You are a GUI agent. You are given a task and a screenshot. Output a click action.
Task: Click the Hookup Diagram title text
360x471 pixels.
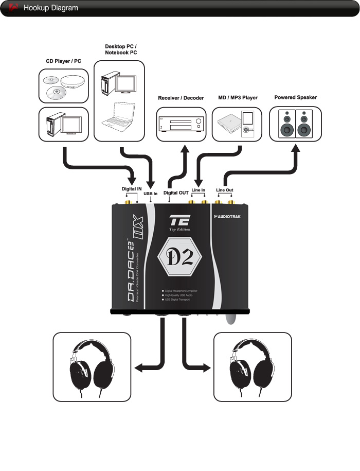pos(51,8)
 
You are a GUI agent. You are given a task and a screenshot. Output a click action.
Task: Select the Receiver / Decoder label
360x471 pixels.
pos(181,98)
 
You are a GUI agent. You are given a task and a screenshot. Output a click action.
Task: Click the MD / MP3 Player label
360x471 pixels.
pos(237,98)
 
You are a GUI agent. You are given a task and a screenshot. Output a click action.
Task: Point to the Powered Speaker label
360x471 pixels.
pos(295,97)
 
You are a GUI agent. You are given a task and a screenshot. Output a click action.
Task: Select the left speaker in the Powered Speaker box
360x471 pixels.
pos(287,124)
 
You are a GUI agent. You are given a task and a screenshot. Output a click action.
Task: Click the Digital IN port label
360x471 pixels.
pos(131,189)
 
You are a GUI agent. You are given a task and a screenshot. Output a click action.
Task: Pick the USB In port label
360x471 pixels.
pos(150,194)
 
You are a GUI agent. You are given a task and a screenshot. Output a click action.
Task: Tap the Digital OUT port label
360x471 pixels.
pos(176,193)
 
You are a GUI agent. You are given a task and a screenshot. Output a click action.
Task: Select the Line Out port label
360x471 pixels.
pos(224,190)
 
